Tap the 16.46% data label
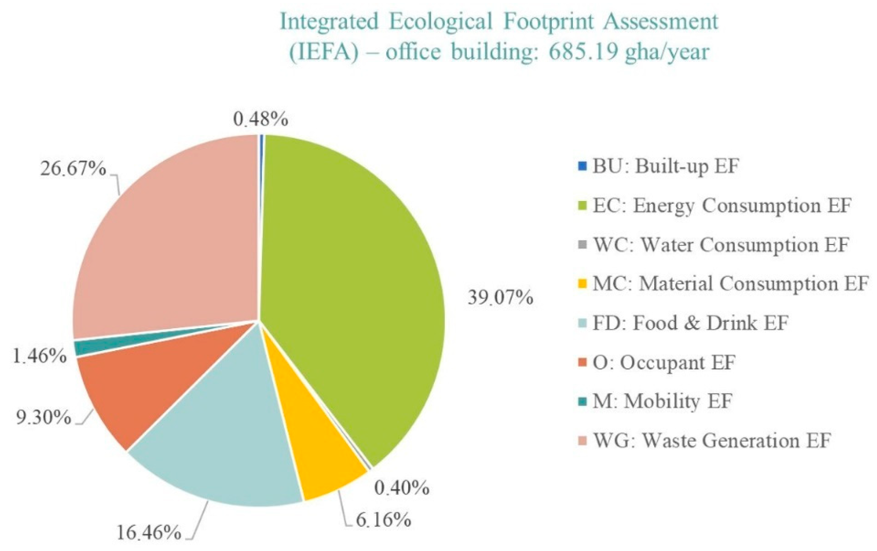pos(149,533)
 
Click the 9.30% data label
pos(43,418)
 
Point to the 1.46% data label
pos(40,357)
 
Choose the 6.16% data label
pos(383,520)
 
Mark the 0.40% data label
pos(402,488)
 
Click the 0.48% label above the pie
pos(261,119)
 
